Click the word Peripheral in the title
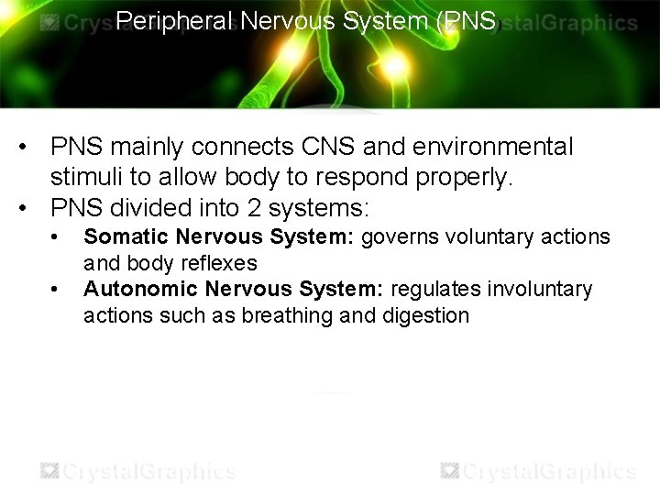click(175, 20)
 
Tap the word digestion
click(426, 316)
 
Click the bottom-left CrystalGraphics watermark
click(137, 471)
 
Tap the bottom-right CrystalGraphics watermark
click(539, 471)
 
